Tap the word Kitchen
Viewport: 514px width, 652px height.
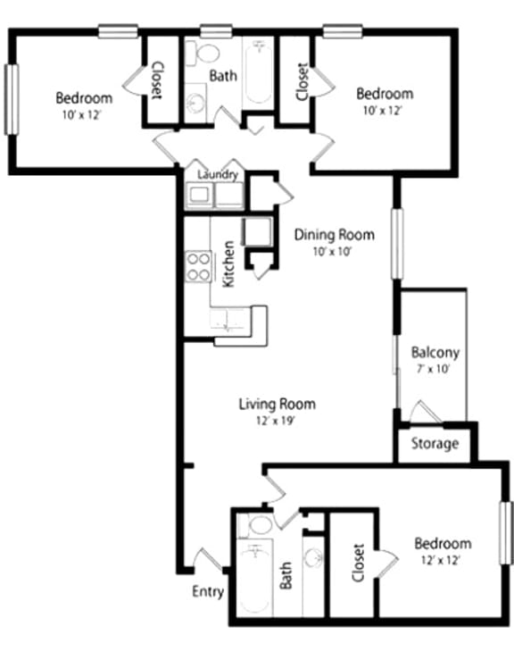228,263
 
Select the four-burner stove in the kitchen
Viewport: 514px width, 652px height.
198,267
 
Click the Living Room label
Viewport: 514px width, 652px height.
277,404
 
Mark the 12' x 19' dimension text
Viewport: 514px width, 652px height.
277,421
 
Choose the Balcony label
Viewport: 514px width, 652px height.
435,352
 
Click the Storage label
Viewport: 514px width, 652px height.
435,443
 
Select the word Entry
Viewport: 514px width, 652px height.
208,592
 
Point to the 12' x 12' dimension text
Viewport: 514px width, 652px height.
442,560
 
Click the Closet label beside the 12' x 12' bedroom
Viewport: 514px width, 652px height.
359,563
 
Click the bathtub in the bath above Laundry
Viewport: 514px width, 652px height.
259,71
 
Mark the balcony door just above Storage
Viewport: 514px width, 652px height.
420,414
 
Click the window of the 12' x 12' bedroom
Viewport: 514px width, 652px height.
505,532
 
